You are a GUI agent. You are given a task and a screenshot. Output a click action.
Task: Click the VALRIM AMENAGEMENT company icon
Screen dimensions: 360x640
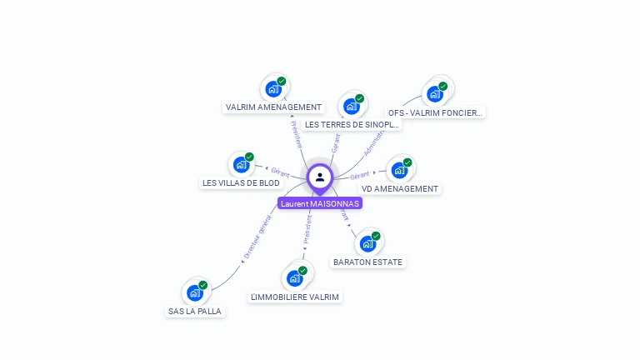272,88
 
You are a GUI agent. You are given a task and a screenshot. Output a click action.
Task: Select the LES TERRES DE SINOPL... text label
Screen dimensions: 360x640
352,125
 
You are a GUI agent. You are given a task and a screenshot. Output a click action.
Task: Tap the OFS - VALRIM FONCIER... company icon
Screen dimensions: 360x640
435,93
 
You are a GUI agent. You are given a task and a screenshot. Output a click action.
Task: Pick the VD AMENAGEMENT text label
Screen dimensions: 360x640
399,189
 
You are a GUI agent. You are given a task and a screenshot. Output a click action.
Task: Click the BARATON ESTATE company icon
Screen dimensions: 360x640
367,243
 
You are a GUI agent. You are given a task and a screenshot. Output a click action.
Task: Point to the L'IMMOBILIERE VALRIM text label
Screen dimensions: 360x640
296,297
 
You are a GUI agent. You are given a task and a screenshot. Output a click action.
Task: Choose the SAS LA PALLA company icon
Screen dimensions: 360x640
195,292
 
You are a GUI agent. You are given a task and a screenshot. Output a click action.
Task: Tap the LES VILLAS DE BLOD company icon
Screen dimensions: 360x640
241,164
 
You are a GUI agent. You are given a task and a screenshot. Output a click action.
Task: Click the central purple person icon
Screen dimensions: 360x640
320,177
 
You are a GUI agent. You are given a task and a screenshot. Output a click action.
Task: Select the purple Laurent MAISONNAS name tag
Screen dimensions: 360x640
320,203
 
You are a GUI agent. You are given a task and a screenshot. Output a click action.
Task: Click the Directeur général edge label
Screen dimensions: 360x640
257,237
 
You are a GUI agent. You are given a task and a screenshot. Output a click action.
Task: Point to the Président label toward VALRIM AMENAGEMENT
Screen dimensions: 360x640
297,133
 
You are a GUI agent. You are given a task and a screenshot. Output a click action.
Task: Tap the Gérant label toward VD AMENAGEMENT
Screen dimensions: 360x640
360,176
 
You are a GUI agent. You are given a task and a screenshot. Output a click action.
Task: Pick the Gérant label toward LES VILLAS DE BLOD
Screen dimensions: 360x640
280,172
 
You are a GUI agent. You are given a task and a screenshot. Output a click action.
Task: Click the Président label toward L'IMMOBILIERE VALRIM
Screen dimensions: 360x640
307,228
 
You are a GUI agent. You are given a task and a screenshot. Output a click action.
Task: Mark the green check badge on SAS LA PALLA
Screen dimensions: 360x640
202,285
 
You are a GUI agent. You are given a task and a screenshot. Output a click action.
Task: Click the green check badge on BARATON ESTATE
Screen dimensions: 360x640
376,236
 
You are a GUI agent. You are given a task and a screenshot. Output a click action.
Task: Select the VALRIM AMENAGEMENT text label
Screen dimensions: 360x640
273,107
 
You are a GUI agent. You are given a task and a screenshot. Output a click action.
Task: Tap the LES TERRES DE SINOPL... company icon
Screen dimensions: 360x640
352,106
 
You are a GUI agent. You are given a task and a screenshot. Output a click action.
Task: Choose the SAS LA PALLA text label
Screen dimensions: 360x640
196,312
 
